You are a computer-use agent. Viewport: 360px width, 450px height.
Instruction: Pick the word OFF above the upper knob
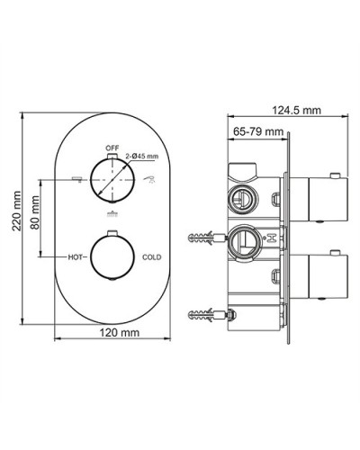click(112, 145)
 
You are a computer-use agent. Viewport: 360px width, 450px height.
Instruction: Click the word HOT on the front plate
click(76, 256)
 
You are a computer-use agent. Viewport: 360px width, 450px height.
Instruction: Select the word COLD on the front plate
click(152, 256)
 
